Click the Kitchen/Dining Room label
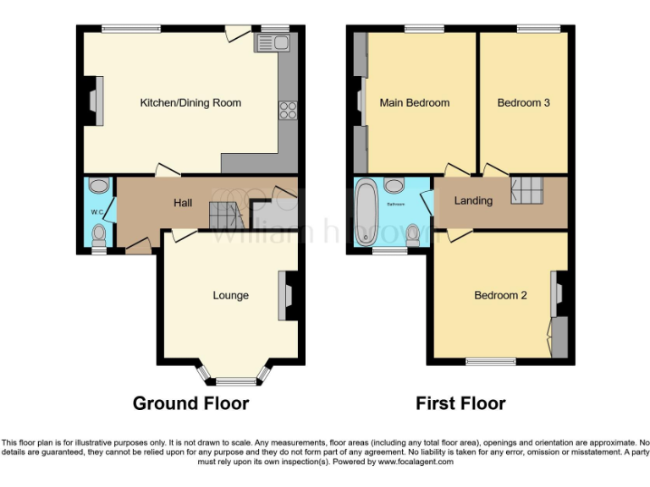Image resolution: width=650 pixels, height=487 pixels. [190, 103]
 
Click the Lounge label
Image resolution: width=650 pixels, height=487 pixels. [230, 295]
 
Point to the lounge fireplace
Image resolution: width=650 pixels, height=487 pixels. [284, 295]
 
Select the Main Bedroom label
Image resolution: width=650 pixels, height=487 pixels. [415, 103]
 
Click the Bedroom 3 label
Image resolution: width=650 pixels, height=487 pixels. [523, 103]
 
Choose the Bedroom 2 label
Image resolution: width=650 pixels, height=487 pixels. [500, 295]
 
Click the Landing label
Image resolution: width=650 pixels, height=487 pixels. [473, 200]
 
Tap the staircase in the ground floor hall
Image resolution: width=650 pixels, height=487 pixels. [223, 216]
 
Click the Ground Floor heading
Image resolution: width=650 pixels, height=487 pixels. [190, 403]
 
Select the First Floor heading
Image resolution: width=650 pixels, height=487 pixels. [460, 403]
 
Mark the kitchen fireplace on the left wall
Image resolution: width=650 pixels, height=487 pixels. [96, 103]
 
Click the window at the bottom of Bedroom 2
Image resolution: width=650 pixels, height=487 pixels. [490, 362]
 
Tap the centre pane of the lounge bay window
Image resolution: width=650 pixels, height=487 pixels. [231, 381]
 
